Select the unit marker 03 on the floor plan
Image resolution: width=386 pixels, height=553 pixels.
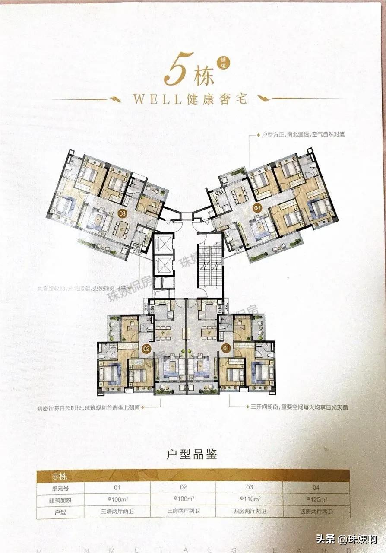pyautogui.click(x=122, y=212)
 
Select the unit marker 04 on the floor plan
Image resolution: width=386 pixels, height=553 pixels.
pyautogui.click(x=258, y=208)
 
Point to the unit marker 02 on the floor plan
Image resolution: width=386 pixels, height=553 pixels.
pyautogui.click(x=146, y=347)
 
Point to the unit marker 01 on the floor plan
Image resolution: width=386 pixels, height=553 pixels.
pyautogui.click(x=225, y=347)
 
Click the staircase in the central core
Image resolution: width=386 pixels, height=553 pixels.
pyautogui.click(x=210, y=267)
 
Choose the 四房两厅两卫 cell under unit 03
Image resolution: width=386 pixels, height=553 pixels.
pyautogui.click(x=249, y=512)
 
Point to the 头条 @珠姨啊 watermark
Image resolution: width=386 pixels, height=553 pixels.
pyautogui.click(x=346, y=539)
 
